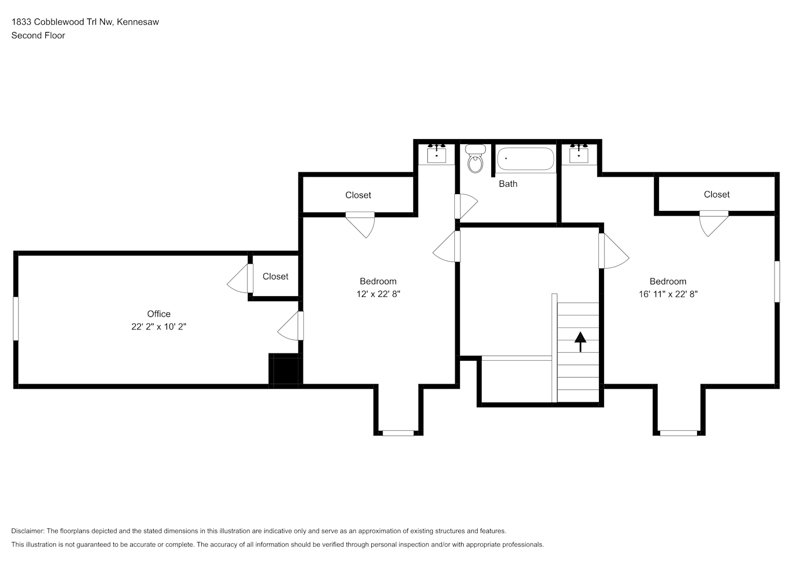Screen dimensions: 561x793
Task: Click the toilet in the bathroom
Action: (476, 160)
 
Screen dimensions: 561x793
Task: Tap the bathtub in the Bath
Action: (525, 159)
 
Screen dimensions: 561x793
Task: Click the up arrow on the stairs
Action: (580, 341)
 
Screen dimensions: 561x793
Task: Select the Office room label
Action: (159, 314)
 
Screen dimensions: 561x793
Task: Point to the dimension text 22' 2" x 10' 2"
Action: (159, 327)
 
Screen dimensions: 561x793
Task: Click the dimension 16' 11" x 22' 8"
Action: (668, 294)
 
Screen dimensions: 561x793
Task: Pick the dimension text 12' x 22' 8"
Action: (379, 294)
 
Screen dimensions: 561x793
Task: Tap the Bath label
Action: (508, 184)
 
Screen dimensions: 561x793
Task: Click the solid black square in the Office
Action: (285, 370)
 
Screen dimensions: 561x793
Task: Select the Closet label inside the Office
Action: (275, 277)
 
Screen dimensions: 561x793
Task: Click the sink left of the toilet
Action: (436, 154)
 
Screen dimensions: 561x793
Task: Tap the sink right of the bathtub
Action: (579, 154)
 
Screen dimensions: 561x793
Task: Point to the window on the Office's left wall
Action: (16, 319)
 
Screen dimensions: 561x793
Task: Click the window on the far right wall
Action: (777, 282)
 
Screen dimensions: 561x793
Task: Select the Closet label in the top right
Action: (717, 195)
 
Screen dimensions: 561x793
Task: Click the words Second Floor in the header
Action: (38, 35)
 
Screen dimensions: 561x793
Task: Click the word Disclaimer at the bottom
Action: (27, 531)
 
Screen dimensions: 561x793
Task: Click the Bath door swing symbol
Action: (465, 206)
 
